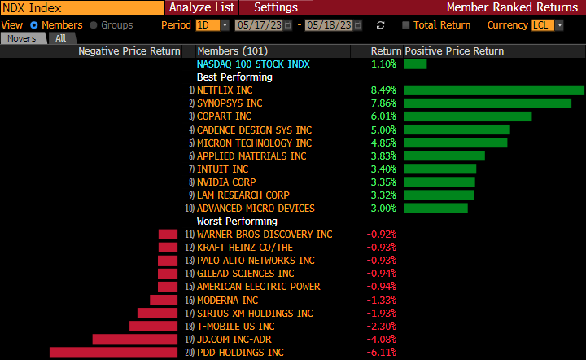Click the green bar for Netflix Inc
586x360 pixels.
[x=493, y=90]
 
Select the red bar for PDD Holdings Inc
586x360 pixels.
[x=113, y=352]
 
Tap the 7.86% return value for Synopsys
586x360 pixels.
[x=383, y=103]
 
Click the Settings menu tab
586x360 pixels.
[x=276, y=7]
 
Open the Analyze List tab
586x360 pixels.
[x=202, y=7]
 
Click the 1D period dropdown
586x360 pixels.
[x=212, y=25]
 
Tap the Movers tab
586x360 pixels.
[x=23, y=38]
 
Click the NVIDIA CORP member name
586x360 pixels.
[x=229, y=182]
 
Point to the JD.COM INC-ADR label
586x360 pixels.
[x=234, y=339]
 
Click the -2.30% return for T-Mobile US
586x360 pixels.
[x=382, y=326]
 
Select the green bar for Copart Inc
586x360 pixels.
[x=467, y=116]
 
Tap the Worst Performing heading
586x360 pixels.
[x=237, y=221]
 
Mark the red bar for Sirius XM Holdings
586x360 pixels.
[x=157, y=313]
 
